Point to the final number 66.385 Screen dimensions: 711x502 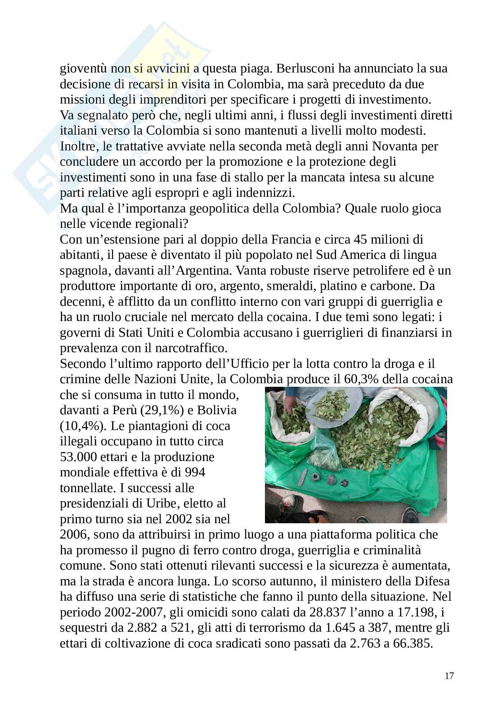411,643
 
